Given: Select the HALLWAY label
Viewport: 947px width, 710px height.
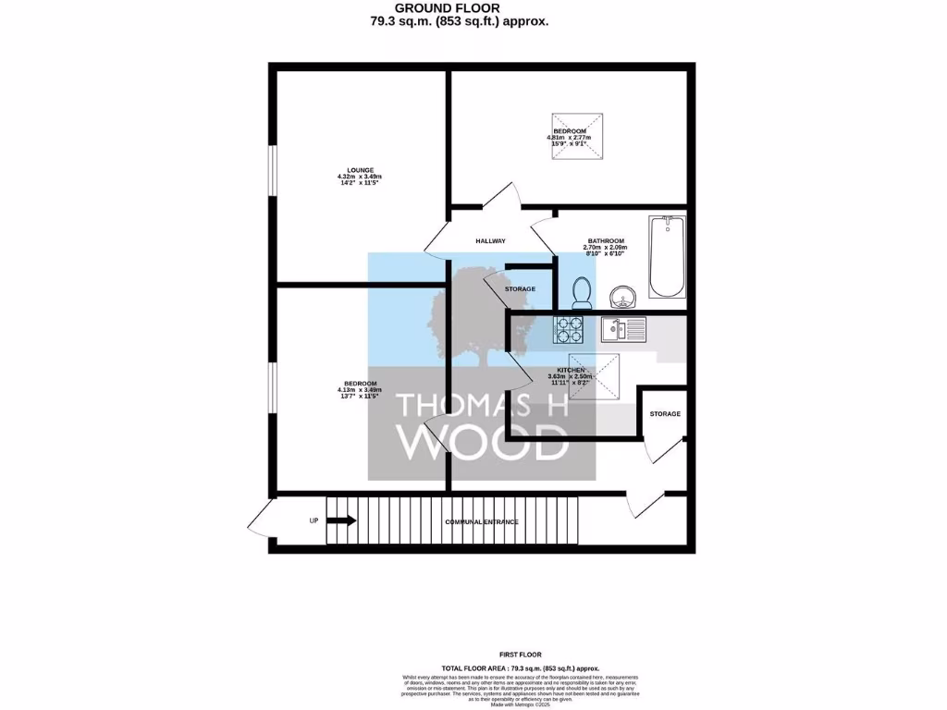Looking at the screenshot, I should [x=490, y=241].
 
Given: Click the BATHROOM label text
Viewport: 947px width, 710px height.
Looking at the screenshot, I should [x=606, y=240].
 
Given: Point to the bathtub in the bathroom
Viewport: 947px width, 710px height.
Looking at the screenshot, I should [x=667, y=257].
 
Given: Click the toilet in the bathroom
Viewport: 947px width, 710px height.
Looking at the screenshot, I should [x=583, y=293].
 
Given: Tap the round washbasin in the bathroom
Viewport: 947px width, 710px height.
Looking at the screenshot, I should [x=623, y=297].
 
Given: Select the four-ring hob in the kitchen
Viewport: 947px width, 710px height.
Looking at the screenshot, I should [x=567, y=330].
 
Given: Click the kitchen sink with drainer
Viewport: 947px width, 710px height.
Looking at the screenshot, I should [x=624, y=328].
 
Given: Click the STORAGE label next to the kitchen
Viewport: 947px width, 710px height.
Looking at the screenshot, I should [x=665, y=413].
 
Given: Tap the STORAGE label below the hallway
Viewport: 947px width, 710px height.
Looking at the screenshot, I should [x=520, y=289].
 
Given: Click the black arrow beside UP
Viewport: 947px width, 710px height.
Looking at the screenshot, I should [x=341, y=520].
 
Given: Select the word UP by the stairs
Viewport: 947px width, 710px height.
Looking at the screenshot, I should [x=314, y=521].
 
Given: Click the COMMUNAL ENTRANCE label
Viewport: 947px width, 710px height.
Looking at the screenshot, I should [x=481, y=522].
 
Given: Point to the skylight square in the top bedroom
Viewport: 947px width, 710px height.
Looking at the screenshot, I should [x=576, y=136].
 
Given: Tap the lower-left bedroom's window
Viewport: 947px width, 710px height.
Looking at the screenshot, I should [x=273, y=386].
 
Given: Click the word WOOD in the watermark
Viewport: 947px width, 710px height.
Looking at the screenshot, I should [x=481, y=443].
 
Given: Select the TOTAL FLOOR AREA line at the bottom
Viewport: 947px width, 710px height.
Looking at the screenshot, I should [x=521, y=667].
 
